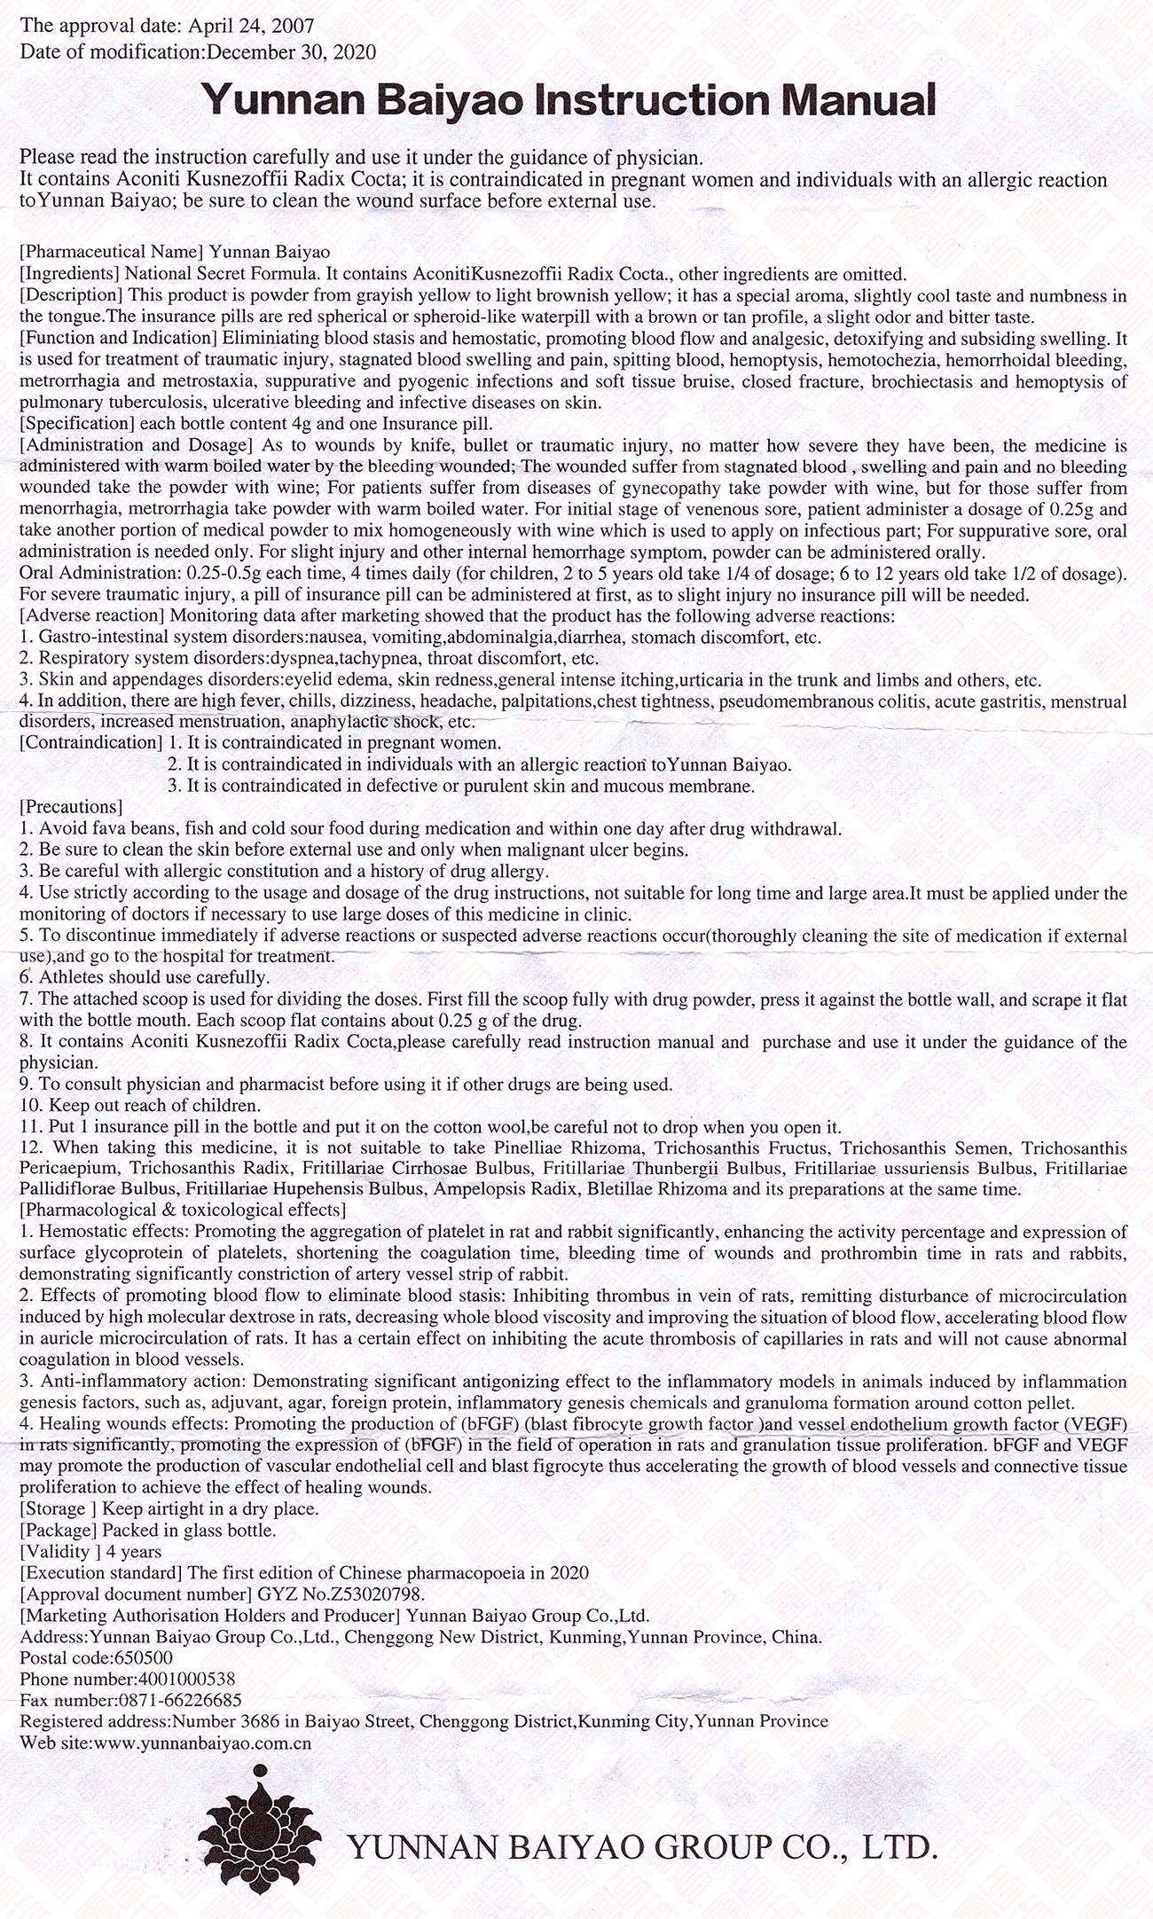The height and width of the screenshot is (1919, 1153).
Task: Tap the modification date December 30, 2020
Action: (291, 51)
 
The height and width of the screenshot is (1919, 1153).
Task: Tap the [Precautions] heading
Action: (70, 806)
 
